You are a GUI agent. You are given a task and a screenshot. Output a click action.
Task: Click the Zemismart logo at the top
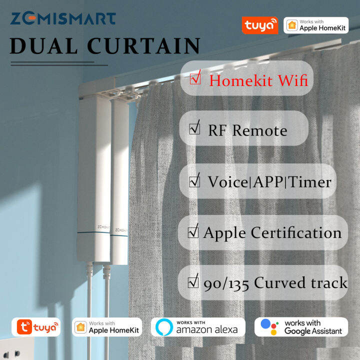(63, 19)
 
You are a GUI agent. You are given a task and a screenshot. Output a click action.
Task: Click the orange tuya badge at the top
(259, 25)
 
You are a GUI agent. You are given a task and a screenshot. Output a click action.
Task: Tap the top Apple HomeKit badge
(316, 25)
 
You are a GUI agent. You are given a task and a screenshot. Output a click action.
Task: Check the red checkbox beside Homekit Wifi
(195, 78)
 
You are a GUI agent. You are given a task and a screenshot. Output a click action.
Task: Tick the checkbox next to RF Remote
(194, 129)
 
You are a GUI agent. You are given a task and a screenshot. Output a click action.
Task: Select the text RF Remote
(247, 130)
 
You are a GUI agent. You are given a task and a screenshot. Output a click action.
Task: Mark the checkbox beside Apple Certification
(193, 232)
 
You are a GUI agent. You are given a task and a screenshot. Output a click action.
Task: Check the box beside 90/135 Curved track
(193, 282)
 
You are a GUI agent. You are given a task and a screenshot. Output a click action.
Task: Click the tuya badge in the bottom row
(36, 327)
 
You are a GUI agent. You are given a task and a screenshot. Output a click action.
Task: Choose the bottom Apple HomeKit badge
(107, 327)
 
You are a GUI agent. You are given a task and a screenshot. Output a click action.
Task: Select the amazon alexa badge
(198, 327)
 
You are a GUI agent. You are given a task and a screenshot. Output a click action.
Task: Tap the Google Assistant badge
(301, 327)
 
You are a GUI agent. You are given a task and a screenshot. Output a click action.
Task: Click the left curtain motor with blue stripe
(93, 185)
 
